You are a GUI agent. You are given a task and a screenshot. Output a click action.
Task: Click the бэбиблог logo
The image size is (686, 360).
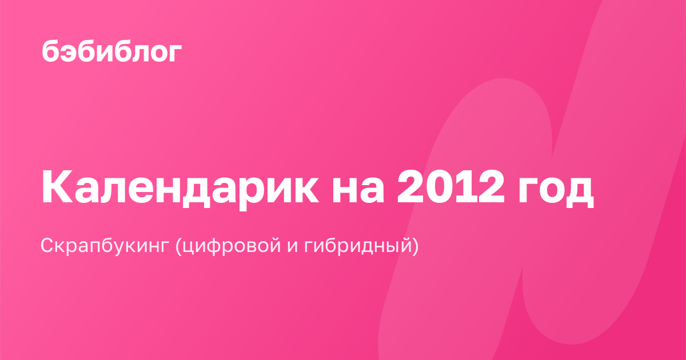click(112, 51)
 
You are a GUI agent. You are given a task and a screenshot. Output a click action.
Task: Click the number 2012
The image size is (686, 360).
click(450, 186)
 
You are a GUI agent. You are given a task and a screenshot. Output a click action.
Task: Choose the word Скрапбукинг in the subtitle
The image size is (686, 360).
click(105, 246)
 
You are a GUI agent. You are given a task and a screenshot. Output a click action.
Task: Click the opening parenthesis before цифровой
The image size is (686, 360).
click(178, 246)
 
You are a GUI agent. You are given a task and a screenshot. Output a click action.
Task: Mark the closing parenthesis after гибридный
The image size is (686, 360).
click(415, 246)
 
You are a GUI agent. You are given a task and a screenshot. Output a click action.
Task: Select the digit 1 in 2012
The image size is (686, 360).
click(465, 186)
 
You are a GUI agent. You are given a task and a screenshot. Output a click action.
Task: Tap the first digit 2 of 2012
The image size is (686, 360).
click(410, 186)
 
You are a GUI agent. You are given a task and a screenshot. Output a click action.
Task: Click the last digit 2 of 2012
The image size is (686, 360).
click(491, 186)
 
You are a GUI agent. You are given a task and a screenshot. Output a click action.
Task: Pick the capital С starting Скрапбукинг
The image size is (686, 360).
click(49, 246)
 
